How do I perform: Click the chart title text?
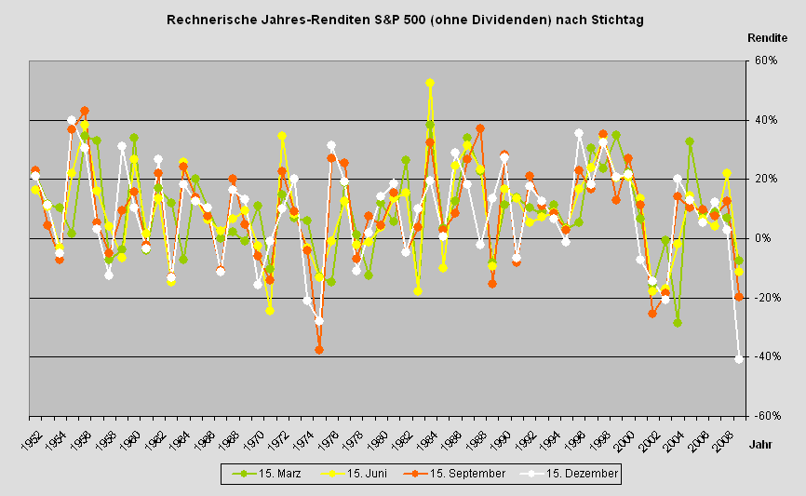click(404, 19)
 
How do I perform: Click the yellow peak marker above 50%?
click(430, 83)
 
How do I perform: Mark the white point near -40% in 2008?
click(739, 359)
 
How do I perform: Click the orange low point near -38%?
click(319, 350)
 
